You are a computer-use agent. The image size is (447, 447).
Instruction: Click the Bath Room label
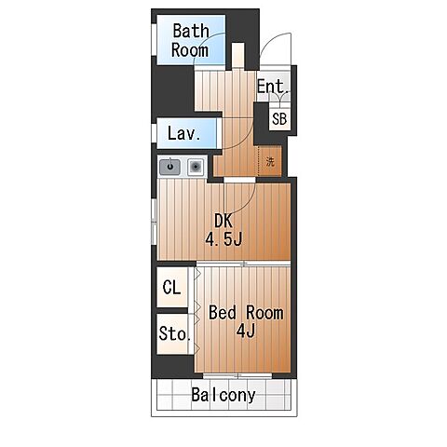click(190, 40)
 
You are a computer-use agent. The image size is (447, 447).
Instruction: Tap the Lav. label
click(183, 133)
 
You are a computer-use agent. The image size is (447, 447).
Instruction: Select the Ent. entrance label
click(273, 86)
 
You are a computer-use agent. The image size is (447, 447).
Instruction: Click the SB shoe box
click(279, 119)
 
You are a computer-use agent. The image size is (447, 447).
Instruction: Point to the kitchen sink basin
click(169, 167)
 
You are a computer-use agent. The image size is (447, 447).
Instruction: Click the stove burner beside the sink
click(196, 167)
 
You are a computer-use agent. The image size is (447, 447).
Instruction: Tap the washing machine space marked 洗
click(270, 161)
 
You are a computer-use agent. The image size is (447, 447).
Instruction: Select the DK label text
click(223, 221)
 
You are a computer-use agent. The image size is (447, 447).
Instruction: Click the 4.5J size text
click(223, 239)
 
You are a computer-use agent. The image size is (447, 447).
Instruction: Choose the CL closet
click(172, 287)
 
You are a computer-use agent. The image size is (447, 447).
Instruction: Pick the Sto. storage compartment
click(173, 333)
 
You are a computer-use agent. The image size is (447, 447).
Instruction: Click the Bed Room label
click(246, 313)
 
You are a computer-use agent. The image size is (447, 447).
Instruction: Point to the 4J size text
click(246, 331)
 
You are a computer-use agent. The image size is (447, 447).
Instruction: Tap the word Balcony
click(223, 395)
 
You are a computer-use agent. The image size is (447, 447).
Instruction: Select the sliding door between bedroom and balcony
click(237, 375)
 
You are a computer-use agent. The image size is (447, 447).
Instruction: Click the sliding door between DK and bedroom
click(244, 264)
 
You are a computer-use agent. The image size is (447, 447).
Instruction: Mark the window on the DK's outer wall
click(154, 222)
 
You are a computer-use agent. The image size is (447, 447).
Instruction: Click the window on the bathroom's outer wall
click(154, 39)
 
